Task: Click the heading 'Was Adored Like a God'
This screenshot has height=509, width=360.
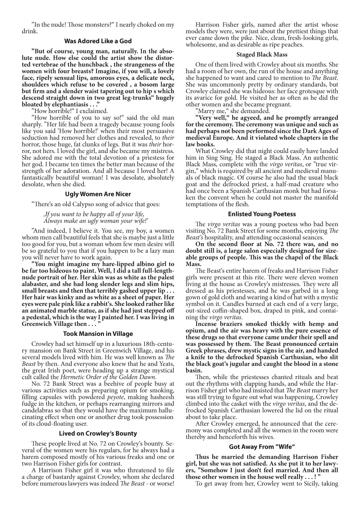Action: click(98, 41)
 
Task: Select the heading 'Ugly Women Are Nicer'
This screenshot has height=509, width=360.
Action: click(98, 194)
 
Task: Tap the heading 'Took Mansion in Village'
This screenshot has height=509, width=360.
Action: click(98, 334)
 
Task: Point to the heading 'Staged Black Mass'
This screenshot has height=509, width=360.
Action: click(262, 55)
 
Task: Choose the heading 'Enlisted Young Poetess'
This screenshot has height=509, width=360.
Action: click(262, 214)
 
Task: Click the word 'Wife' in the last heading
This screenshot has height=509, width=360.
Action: click(283, 447)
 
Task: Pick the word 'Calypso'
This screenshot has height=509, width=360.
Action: click(85, 204)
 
